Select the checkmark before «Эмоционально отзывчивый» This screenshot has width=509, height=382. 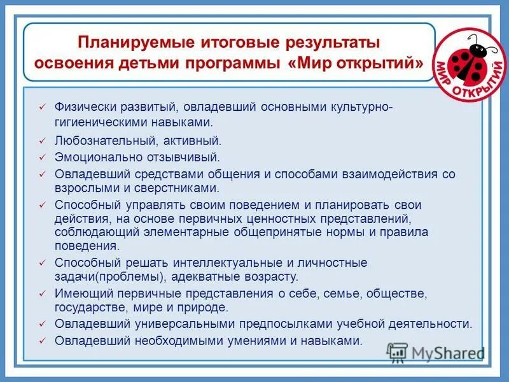(42, 157)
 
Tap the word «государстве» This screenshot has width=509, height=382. (85, 308)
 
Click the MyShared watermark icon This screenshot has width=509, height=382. (397, 352)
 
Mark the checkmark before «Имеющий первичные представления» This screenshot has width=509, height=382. (42, 294)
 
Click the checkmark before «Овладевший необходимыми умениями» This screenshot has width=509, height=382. (42, 341)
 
